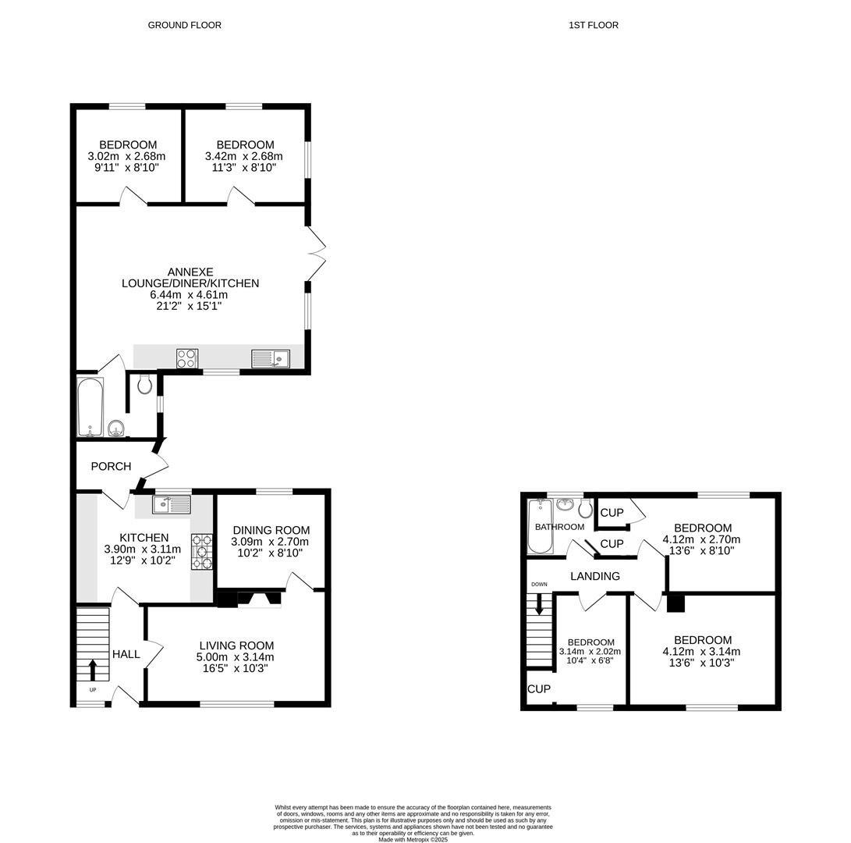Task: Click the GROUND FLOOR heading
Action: click(x=184, y=25)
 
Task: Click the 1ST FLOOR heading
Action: click(x=593, y=25)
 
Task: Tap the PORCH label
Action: click(x=111, y=467)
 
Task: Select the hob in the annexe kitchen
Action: click(x=187, y=358)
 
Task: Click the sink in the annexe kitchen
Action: click(x=270, y=358)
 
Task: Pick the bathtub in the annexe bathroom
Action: click(x=90, y=407)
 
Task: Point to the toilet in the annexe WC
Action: click(x=144, y=383)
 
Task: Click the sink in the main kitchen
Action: click(x=172, y=504)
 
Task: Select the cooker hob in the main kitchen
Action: click(x=201, y=551)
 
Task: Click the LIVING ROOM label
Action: click(x=236, y=646)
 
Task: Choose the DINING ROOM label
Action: click(x=271, y=530)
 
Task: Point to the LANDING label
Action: click(x=594, y=576)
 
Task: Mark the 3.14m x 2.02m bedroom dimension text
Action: click(x=590, y=652)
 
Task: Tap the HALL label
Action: click(x=126, y=654)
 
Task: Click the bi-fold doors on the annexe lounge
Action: click(x=315, y=254)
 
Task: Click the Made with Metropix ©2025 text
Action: click(x=413, y=839)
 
